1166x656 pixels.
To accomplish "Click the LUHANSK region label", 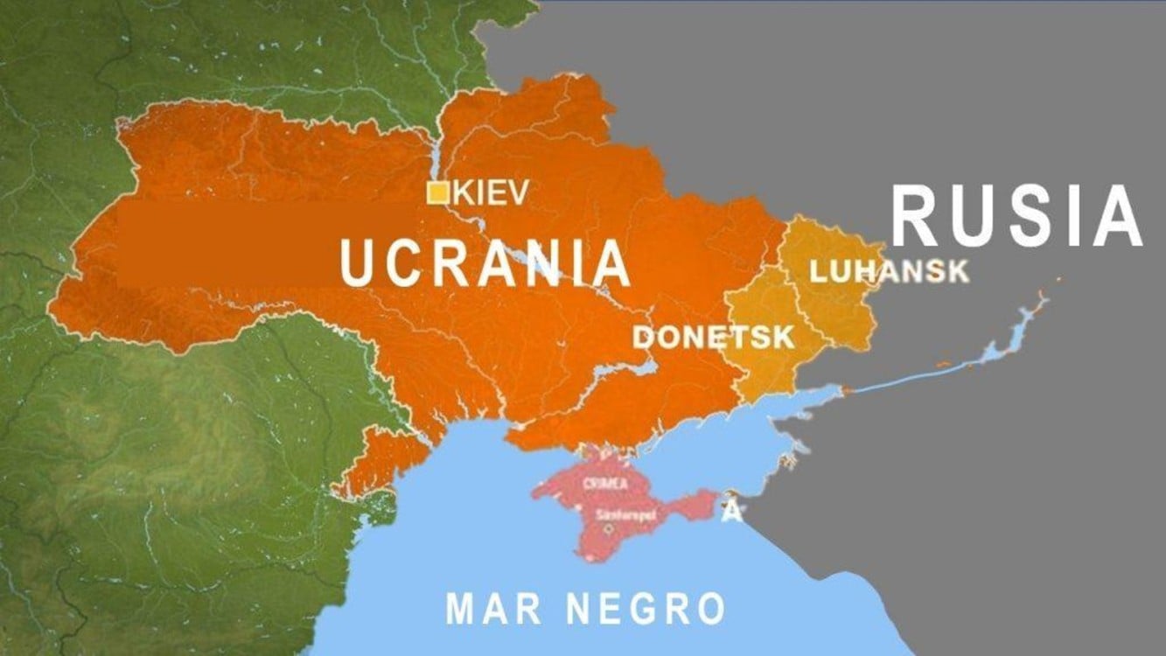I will click(x=890, y=271).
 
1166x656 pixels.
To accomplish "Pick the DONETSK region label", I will click(x=713, y=337).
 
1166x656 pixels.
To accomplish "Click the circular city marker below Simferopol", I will click(x=609, y=529).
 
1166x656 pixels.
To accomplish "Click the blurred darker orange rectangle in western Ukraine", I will click(x=262, y=245).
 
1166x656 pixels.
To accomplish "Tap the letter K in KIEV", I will click(x=461, y=193).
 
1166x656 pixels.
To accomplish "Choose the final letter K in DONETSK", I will click(x=784, y=337).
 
